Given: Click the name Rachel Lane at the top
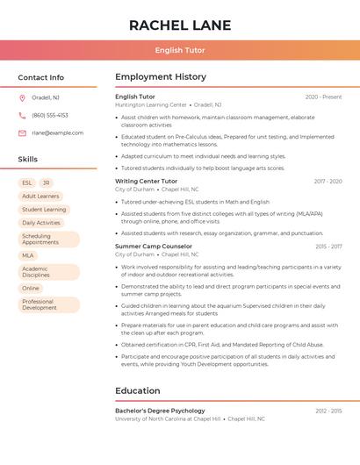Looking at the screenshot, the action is coord(180,25).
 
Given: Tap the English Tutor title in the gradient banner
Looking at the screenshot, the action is coord(180,50).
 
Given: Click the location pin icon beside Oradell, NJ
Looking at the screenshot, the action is coord(22,97).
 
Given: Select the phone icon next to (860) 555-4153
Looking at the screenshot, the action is coord(22,115).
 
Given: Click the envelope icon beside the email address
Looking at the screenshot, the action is coord(22,132).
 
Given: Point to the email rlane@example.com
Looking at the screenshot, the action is coord(58,132).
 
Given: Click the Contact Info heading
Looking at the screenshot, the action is coord(41,77).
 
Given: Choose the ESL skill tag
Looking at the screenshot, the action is coord(27,182).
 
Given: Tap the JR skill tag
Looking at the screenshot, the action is coord(47,182).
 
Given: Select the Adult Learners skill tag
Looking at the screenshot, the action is coord(40,197).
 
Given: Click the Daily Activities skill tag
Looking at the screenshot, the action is coord(41,223).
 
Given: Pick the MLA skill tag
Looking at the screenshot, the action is coord(28,255).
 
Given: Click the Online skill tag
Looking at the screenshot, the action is coord(31,288).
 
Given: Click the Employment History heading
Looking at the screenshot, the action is coord(161,77).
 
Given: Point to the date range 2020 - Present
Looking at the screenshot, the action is coord(323,97).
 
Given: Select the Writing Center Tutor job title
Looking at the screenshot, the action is coord(146,182).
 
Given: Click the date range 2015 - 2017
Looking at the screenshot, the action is coord(328,247).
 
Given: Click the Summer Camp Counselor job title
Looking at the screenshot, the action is coord(154,247).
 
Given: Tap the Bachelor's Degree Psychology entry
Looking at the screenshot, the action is coord(160,411).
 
